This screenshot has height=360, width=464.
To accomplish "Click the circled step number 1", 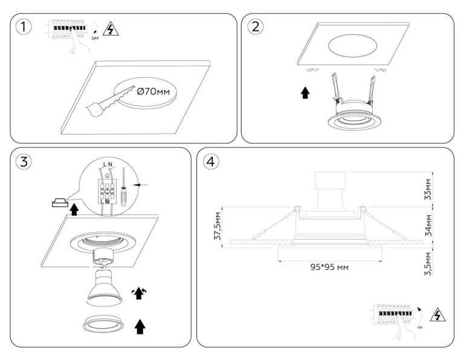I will (24, 27).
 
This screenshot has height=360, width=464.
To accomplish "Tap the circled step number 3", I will (24, 162).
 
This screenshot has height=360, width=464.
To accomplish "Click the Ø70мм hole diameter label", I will (153, 92).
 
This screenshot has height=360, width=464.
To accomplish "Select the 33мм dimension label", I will (428, 189).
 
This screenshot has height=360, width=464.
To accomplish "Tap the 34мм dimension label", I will (428, 224).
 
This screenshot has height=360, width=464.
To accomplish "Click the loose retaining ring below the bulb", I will (105, 324).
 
